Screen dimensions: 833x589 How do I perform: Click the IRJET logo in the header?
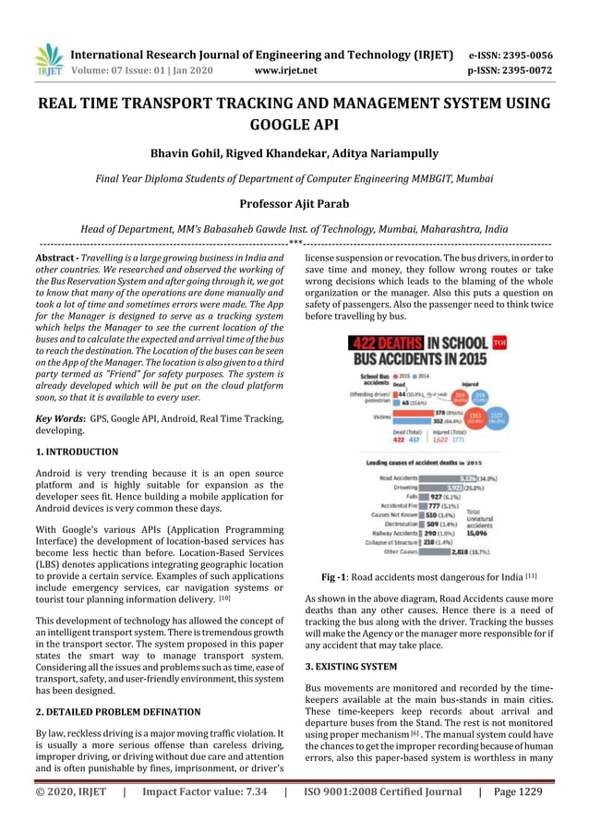pyautogui.click(x=48, y=60)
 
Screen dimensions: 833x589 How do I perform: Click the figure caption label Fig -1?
pyautogui.click(x=333, y=577)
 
